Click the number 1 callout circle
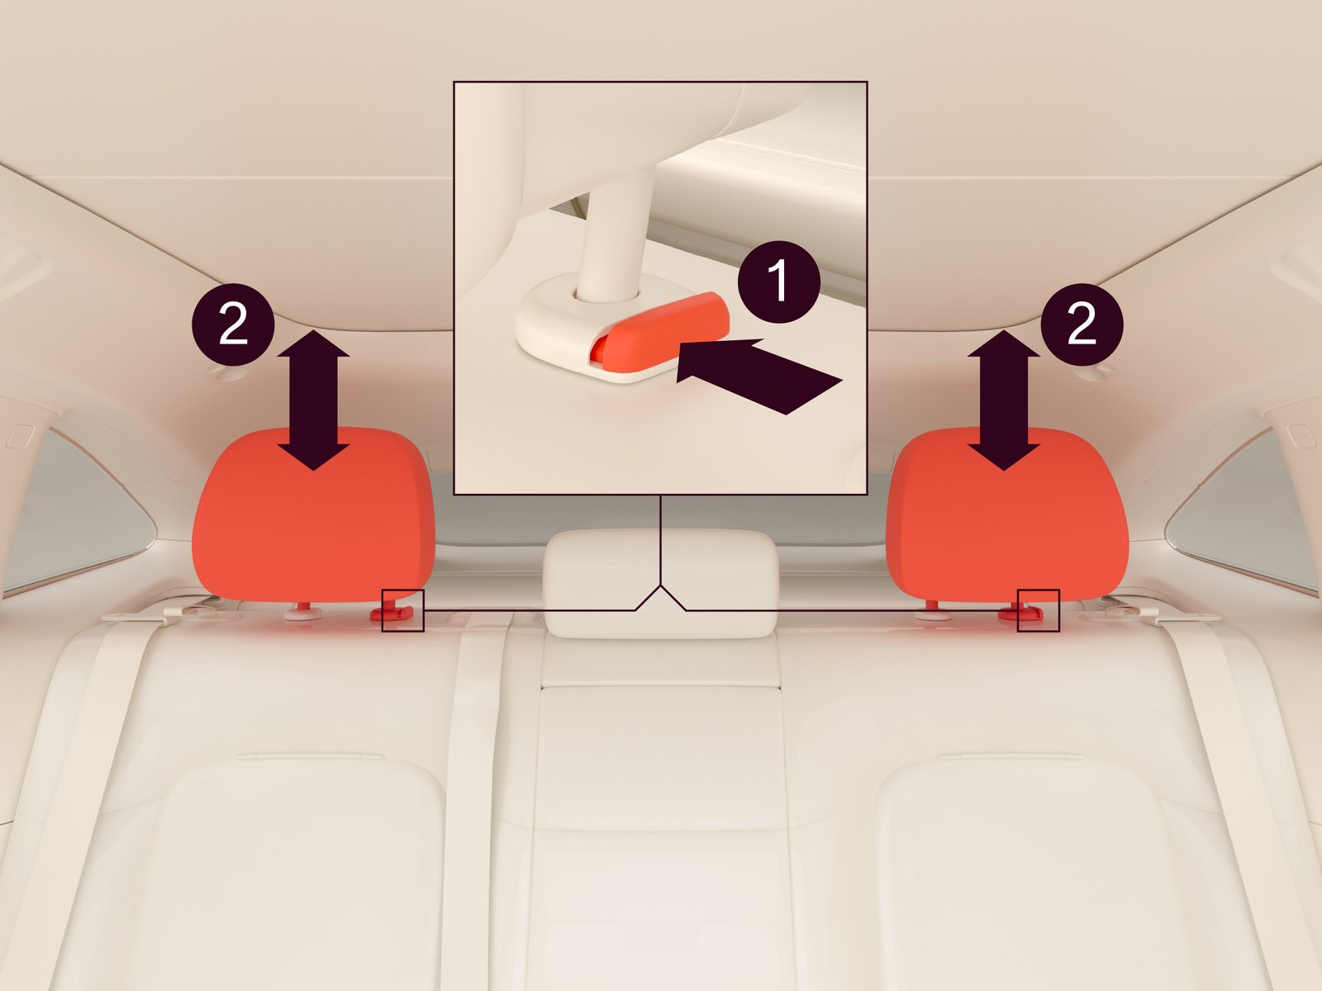[779, 282]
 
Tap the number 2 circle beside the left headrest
[233, 325]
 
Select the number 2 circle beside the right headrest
[1082, 325]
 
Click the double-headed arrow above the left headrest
[313, 401]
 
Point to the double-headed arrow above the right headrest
[1003, 401]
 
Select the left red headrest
[313, 514]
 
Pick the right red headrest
[1007, 514]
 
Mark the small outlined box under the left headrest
[403, 611]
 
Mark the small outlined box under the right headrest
[1039, 611]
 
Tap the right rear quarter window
[1244, 511]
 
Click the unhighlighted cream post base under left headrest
[303, 613]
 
